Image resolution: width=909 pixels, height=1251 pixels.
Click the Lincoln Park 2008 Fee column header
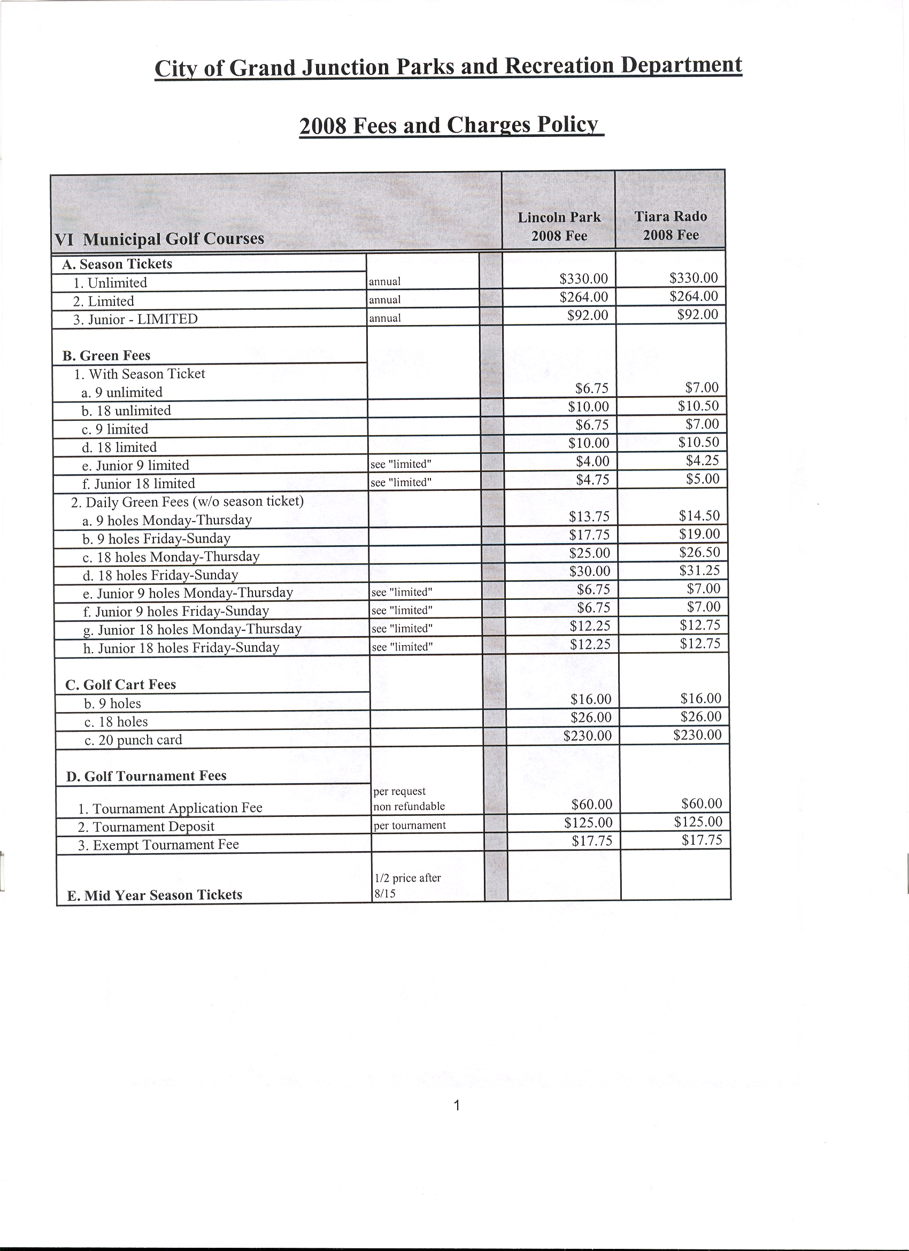(559, 226)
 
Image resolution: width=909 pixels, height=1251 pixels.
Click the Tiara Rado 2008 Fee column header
(670, 226)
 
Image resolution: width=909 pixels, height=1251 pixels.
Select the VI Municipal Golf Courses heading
(159, 239)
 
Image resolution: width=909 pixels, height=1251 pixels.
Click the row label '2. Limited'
(104, 301)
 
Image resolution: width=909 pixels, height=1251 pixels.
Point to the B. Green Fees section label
(106, 356)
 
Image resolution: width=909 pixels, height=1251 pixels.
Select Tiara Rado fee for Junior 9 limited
(703, 460)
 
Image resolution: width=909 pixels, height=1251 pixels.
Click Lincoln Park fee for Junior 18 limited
(592, 480)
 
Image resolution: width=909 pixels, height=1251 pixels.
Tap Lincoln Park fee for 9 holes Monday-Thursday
(589, 516)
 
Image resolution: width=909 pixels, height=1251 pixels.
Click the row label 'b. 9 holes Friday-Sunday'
(156, 538)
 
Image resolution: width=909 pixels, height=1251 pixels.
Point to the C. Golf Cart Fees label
(120, 684)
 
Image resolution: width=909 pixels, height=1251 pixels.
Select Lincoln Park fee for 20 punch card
(588, 736)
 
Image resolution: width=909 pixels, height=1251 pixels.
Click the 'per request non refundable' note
(409, 799)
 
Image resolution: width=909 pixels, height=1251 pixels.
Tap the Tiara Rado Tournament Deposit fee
(698, 822)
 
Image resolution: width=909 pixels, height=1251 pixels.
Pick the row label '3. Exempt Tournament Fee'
(158, 845)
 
